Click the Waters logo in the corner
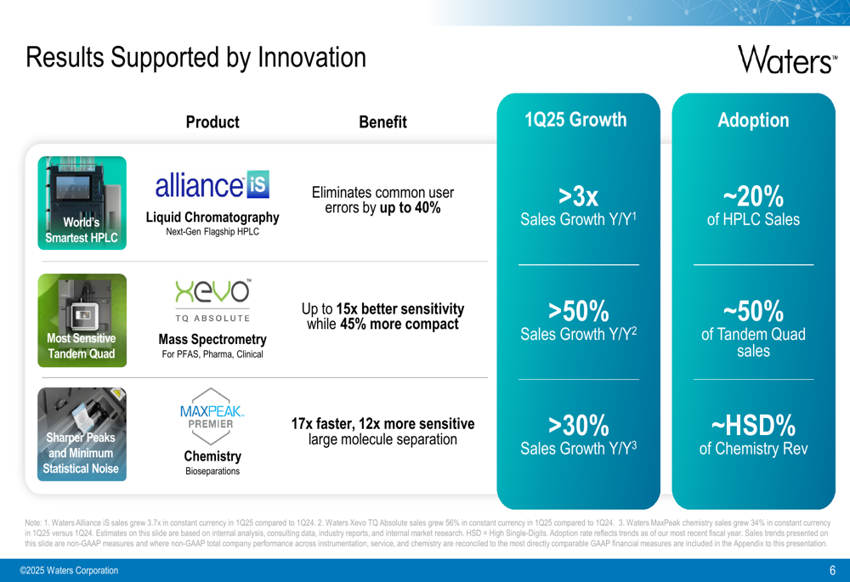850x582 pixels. [x=787, y=59]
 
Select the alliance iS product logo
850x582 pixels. [x=212, y=184]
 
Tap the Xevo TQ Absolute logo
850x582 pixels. [x=212, y=301]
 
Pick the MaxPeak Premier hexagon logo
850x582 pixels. [x=212, y=416]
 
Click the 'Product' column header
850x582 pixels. [x=212, y=122]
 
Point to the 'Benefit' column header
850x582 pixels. [x=382, y=122]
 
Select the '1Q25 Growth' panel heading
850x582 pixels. [x=575, y=120]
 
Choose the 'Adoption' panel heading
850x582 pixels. [x=753, y=120]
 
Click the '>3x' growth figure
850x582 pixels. [x=578, y=196]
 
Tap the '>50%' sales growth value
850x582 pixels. [x=578, y=311]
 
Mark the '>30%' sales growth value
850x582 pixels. [x=578, y=426]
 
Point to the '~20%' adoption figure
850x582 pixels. [x=753, y=196]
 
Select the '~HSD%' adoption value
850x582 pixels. [x=753, y=426]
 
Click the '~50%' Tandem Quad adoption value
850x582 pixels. [x=753, y=311]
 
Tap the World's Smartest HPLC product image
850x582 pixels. [x=82, y=203]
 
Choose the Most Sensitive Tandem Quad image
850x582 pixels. [x=82, y=320]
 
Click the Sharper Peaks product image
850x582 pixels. [x=82, y=434]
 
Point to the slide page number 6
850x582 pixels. [x=833, y=570]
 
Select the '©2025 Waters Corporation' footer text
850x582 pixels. [x=69, y=570]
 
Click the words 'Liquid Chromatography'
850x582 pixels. [x=212, y=218]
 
